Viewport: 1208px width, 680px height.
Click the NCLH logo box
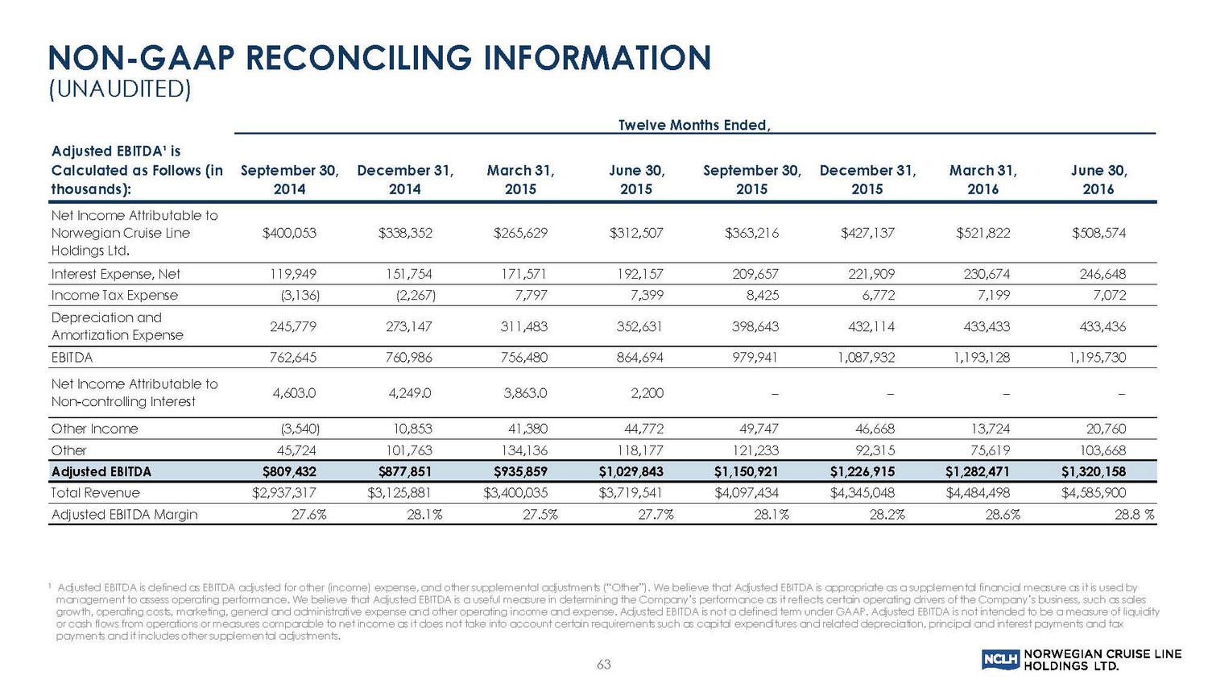coord(1001,660)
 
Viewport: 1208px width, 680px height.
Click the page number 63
coord(604,664)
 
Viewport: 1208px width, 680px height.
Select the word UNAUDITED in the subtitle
coord(120,89)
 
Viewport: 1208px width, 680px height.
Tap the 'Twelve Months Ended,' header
coord(694,125)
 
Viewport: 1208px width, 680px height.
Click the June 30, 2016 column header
coord(1098,180)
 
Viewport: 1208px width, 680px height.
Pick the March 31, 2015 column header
coord(520,180)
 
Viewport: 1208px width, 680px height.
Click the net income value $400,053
coord(289,233)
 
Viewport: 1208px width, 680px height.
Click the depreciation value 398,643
coord(751,326)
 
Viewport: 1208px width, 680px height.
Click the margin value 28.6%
coord(1003,514)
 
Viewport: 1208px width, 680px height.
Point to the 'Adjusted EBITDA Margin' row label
coord(124,514)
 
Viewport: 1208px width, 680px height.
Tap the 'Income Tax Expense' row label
coord(114,295)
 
